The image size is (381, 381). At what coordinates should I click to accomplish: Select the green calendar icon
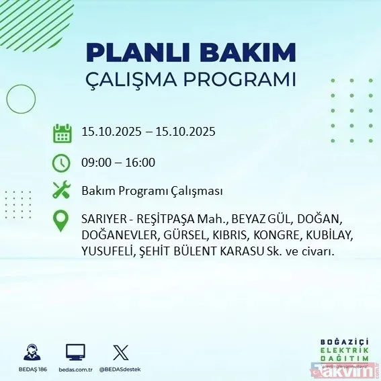tap(62, 133)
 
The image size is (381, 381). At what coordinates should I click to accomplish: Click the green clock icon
tap(61, 163)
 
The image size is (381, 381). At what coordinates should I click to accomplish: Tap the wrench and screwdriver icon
tap(62, 191)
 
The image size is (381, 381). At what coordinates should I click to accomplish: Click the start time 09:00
tap(94, 163)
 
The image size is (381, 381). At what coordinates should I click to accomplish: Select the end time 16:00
tap(141, 163)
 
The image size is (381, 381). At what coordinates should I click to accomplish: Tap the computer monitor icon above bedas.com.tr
tap(75, 351)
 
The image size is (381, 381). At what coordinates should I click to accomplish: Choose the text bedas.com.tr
tap(75, 370)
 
